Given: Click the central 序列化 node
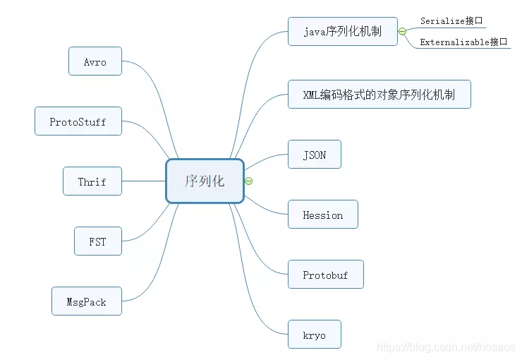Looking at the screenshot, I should coord(205,181).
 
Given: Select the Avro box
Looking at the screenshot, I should coord(95,61).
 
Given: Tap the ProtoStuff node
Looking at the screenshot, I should coord(78,121).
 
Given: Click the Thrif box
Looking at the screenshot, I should coord(92,181).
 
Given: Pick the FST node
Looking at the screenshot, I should coord(98,241).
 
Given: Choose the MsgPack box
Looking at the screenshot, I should coord(87,301).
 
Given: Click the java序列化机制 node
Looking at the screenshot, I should coord(342,32).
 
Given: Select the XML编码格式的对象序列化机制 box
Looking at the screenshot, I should coord(380,95).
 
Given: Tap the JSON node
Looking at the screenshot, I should coord(315,155).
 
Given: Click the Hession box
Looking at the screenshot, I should coord(323,215).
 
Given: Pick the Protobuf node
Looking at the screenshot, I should coord(325,275).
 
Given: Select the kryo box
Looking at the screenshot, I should coord(315,335).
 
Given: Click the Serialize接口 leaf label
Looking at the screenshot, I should coord(451,21).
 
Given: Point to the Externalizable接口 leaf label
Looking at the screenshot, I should coord(463,42).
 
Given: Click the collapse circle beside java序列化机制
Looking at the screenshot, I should coord(402,32).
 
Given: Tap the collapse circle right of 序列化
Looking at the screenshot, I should coord(248,181).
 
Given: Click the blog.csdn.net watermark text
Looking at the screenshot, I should coord(446,347).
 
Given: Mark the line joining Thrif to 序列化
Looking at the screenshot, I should coord(144,181).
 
